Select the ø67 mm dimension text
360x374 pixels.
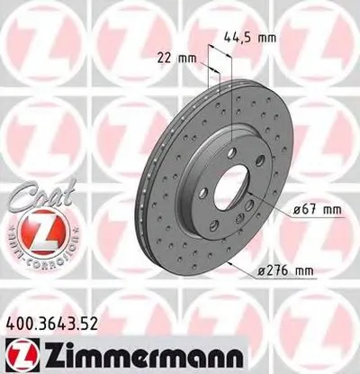click(318, 210)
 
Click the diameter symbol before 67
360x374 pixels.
click(298, 210)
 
